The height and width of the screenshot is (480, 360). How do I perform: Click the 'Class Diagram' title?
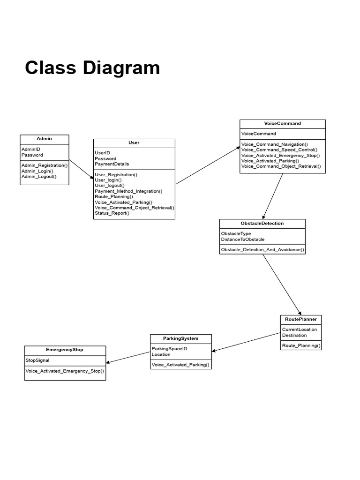[92, 68]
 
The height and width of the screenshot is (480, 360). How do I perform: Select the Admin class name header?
[44, 139]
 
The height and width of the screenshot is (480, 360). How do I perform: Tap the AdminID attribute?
[31, 149]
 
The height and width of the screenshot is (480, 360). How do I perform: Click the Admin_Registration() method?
[45, 165]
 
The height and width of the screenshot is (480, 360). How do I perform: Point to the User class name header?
[134, 142]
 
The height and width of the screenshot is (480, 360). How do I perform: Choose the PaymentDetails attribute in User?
[112, 164]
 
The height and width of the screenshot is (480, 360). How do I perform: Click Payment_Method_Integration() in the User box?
[128, 191]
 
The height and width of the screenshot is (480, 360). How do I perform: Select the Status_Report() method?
[112, 213]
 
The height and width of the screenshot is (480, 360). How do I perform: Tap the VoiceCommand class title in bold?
[282, 124]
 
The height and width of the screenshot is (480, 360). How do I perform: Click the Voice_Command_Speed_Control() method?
[279, 150]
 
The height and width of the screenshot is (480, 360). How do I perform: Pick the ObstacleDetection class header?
[262, 223]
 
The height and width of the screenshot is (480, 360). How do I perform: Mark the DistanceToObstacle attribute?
[242, 240]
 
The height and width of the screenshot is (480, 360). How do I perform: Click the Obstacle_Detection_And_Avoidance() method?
[262, 250]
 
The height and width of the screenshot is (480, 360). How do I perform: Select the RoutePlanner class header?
[300, 319]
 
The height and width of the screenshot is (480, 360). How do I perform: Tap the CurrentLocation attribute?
[299, 330]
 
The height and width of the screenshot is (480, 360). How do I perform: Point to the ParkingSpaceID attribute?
[169, 349]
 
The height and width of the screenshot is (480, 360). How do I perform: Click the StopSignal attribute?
[37, 360]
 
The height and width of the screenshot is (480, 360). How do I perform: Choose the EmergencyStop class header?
[65, 350]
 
